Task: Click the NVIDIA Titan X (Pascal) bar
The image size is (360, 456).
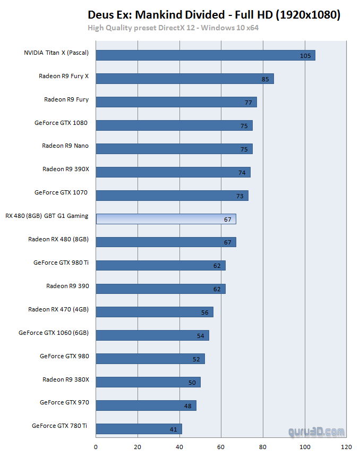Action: coord(205,55)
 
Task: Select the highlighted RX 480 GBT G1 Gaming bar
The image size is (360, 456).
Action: coord(166,219)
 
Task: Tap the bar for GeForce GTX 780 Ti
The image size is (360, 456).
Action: coord(139,429)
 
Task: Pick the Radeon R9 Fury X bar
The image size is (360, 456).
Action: coord(185,79)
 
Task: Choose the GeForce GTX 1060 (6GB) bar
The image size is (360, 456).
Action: coord(152,335)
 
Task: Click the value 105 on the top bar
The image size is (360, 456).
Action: coord(305,56)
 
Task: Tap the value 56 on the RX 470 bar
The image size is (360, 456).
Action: coord(205,313)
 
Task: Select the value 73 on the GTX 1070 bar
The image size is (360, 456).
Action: coord(240,196)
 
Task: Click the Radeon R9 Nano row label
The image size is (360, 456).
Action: coord(65,146)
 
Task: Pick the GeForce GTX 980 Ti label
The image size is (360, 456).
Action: coord(61,263)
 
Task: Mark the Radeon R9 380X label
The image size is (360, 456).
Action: coord(66,379)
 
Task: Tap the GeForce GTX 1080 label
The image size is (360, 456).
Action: coord(61,123)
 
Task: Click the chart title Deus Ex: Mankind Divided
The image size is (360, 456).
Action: coord(213,15)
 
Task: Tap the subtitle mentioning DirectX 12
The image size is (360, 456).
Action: coord(173,28)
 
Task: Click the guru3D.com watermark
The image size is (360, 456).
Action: coord(317,433)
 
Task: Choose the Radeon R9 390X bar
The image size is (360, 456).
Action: coord(173,172)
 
